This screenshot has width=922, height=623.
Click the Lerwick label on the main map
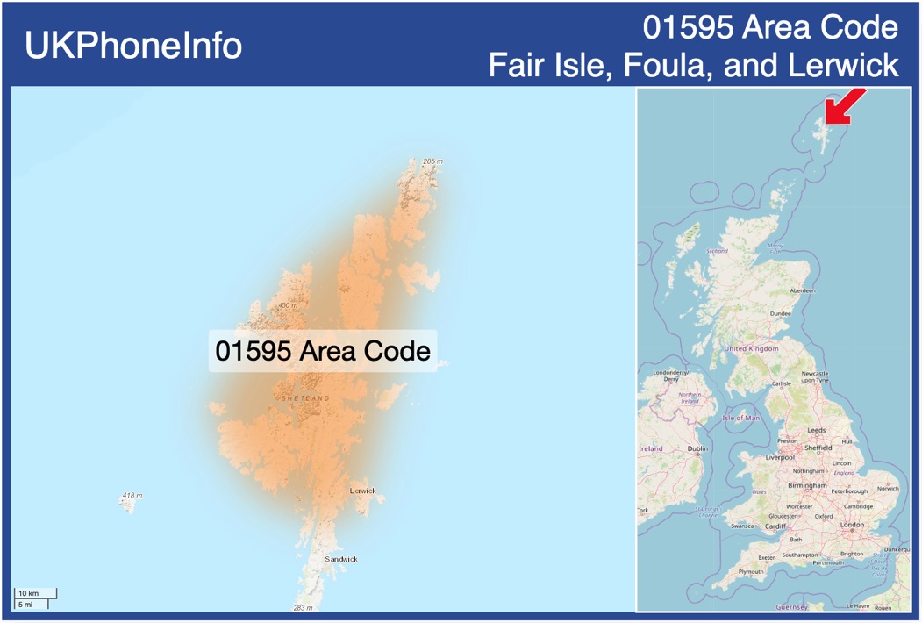click(362, 491)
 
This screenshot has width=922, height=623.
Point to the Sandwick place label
click(341, 559)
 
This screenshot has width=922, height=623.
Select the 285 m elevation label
click(433, 162)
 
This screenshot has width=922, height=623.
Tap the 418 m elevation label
click(132, 496)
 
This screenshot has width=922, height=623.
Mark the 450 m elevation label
click(288, 305)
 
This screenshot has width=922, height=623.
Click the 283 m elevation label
click(303, 607)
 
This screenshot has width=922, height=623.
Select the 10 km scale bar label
click(29, 594)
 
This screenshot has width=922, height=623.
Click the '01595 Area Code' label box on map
click(323, 351)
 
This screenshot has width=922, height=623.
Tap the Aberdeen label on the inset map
click(802, 290)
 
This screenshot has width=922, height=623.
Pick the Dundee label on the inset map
click(780, 313)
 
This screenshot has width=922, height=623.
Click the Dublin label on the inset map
click(697, 448)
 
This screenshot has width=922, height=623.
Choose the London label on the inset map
click(852, 525)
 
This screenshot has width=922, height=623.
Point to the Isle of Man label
click(741, 418)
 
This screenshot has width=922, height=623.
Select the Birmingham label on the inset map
click(807, 485)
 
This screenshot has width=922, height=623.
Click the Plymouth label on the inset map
click(751, 571)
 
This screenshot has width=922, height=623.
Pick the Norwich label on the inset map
click(888, 489)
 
